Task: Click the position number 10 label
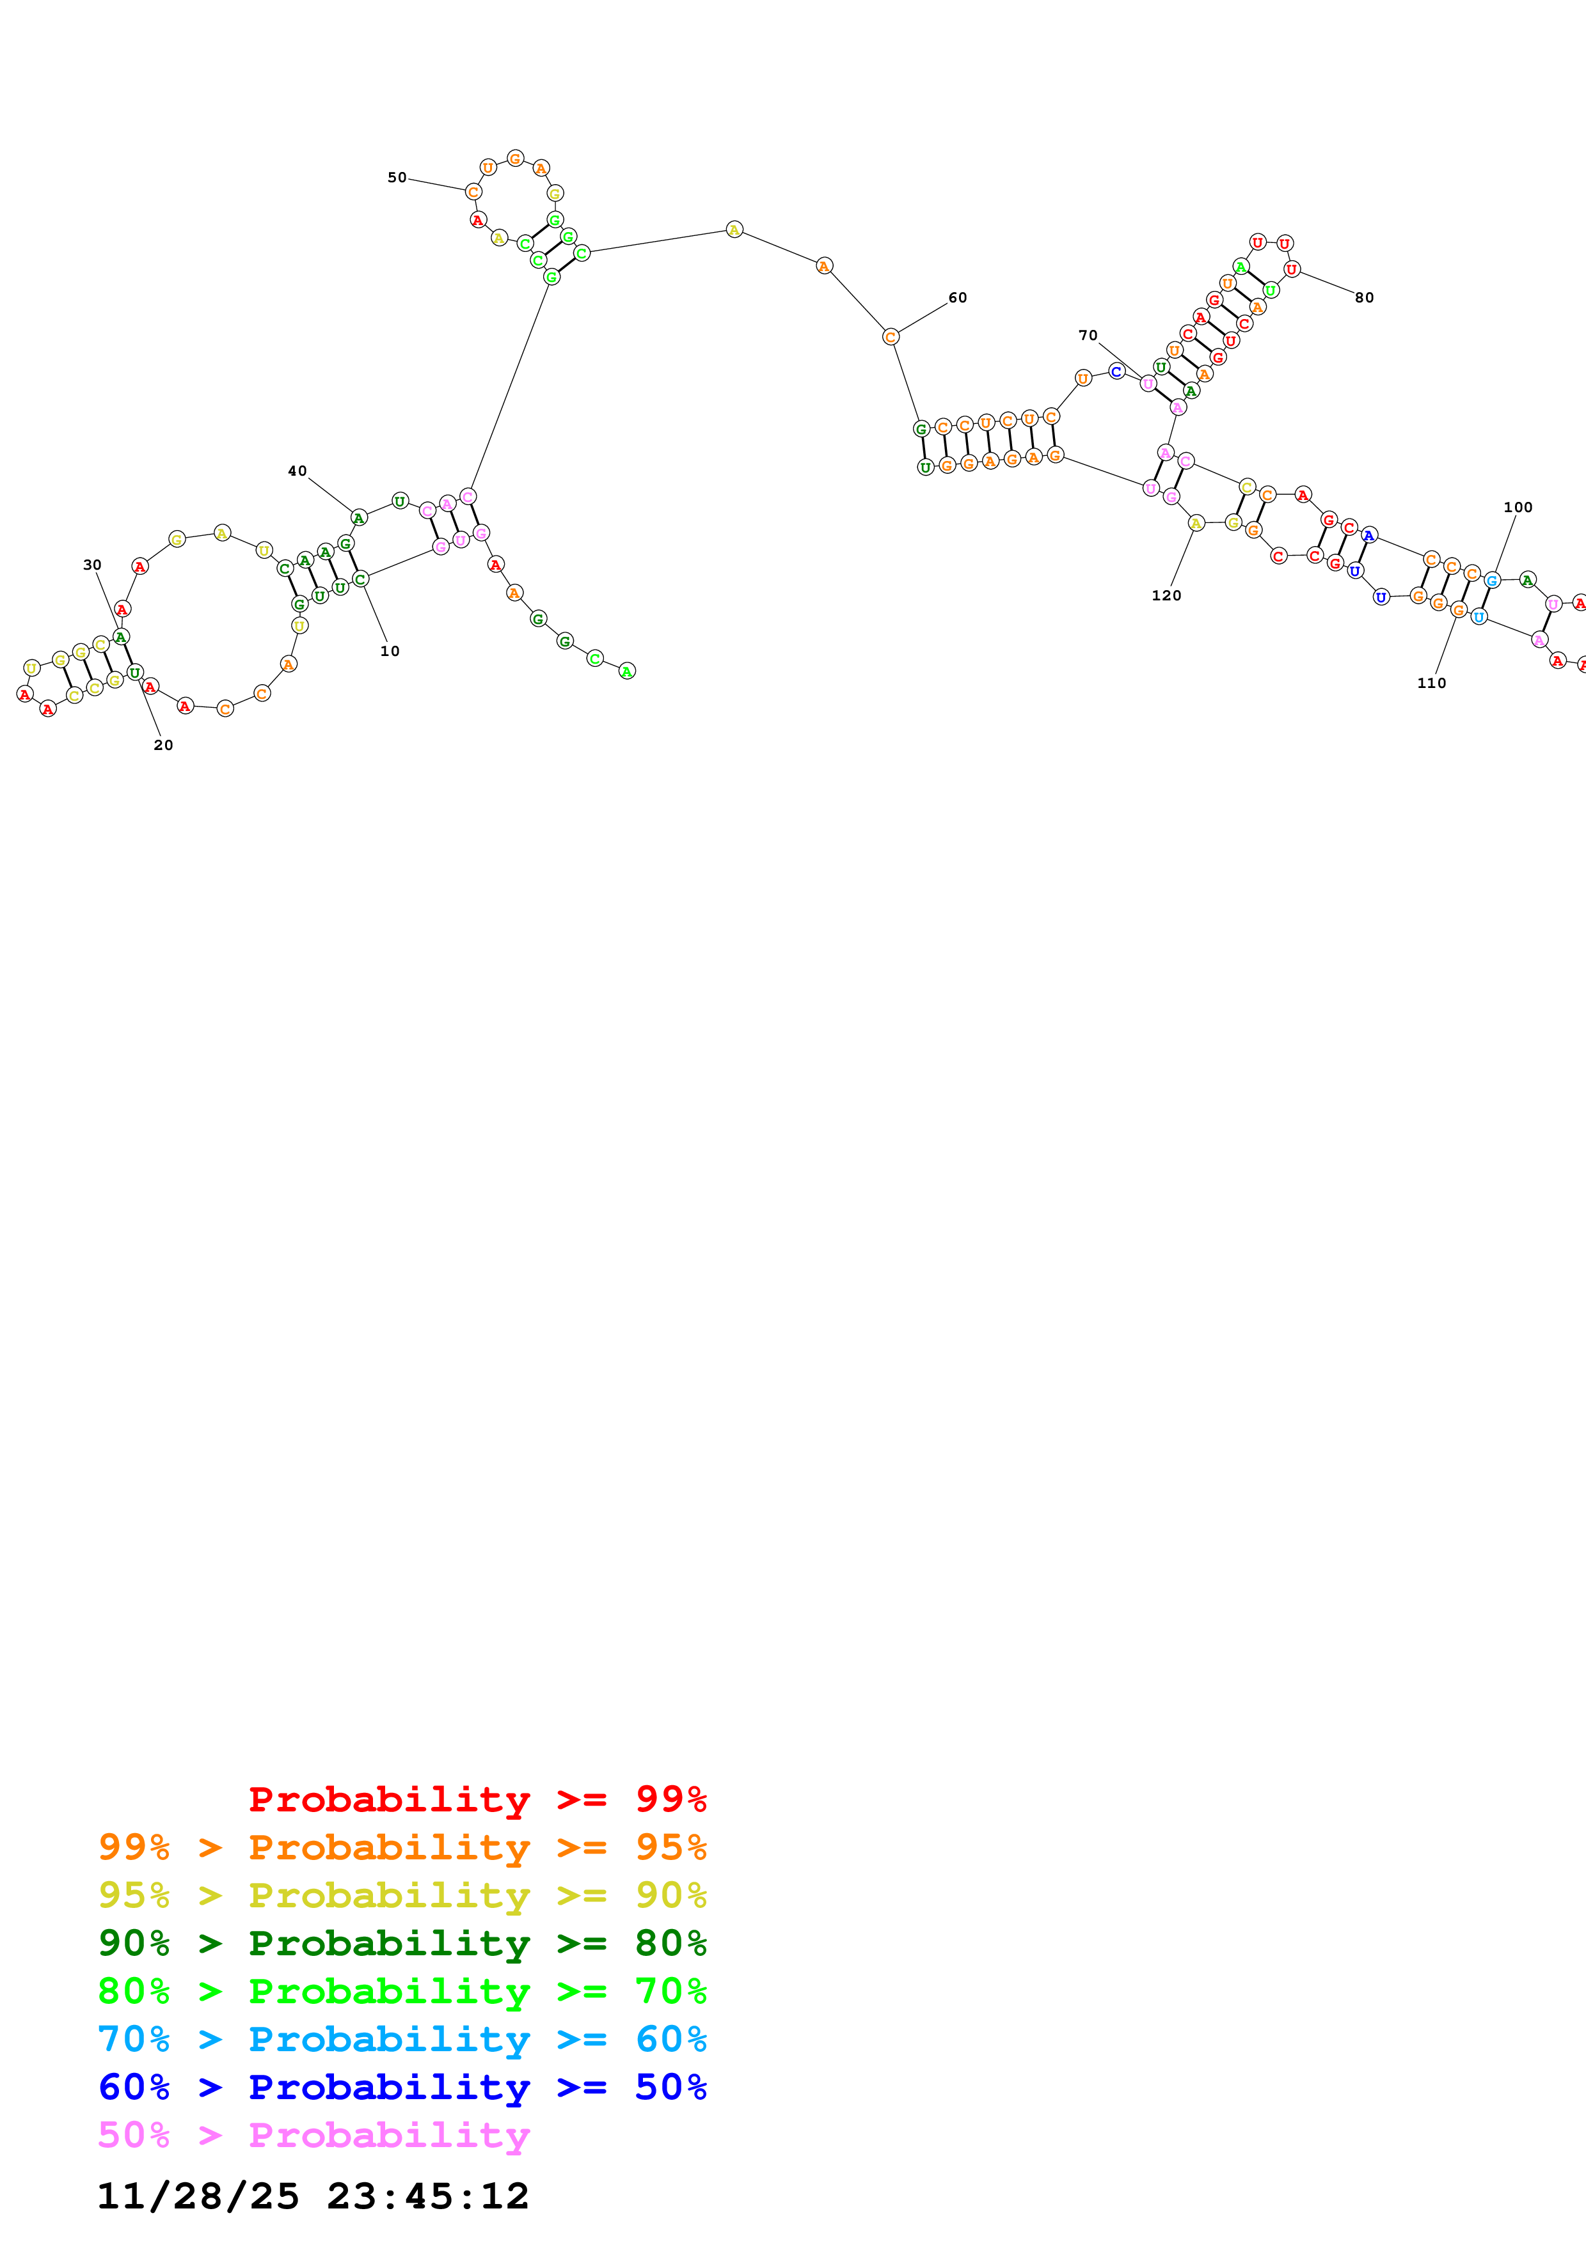(x=390, y=652)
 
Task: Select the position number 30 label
(x=92, y=565)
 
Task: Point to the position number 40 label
(x=297, y=471)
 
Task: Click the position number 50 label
(x=397, y=178)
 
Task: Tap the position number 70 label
(x=1088, y=335)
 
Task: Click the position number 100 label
(x=1518, y=507)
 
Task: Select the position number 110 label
(x=1432, y=683)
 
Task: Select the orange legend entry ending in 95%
(x=402, y=1847)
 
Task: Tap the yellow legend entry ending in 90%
(x=402, y=1895)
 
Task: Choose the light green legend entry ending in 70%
(x=402, y=1991)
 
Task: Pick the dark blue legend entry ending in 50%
(x=402, y=2087)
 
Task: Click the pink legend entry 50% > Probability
(x=313, y=2134)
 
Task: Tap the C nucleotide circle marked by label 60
(x=890, y=337)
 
